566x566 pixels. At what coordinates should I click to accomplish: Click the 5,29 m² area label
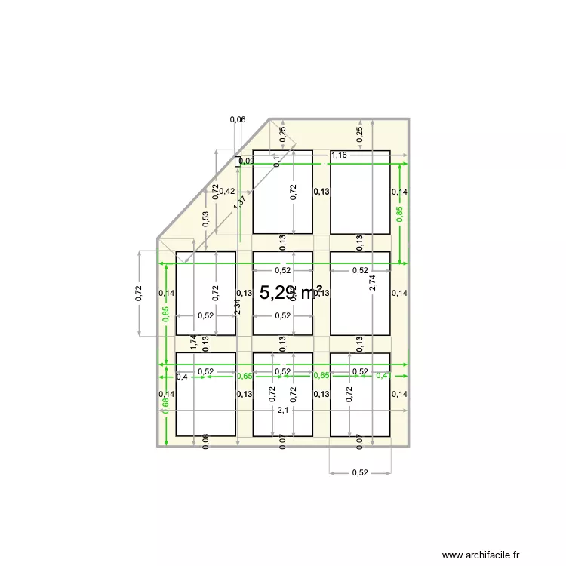tap(291, 293)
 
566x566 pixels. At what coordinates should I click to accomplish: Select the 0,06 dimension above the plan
tap(237, 119)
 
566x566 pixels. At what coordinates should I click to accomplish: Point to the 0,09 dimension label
tap(247, 161)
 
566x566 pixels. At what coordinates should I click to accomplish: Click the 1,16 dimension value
tap(339, 155)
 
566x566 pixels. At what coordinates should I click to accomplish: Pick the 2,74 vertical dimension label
tap(372, 282)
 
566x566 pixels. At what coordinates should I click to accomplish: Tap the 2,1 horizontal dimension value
tap(282, 411)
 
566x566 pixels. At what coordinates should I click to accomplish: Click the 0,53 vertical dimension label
tap(205, 218)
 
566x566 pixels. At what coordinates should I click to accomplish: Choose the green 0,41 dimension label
tap(383, 375)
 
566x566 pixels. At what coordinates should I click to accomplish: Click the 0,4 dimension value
tap(182, 377)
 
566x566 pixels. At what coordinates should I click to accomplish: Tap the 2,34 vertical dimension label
tap(237, 306)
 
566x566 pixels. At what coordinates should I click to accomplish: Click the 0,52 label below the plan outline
tap(360, 473)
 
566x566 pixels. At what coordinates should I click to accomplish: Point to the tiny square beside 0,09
tap(238, 161)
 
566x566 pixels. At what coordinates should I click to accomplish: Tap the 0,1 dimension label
tap(277, 161)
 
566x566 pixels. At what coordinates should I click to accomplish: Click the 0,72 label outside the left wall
tap(138, 293)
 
